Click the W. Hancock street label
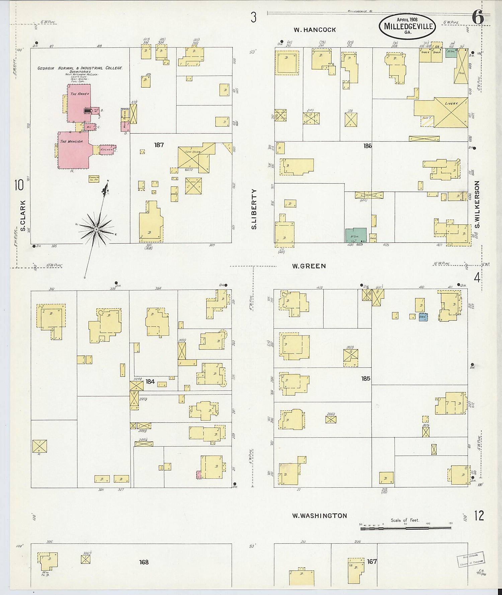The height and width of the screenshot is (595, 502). pos(315,30)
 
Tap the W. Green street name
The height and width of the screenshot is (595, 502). pos(309,266)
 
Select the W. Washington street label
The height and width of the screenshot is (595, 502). pos(319,516)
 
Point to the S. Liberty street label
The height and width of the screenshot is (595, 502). pos(254,209)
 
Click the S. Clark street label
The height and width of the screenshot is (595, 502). pos(23,216)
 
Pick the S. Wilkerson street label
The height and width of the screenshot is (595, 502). pos(477,204)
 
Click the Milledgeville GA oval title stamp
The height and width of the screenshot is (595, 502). pos(408,26)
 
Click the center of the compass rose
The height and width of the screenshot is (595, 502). pos(96,229)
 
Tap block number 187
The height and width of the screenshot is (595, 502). pos(159,145)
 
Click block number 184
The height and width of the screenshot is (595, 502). pos(150,381)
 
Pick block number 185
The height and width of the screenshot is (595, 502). pos(365,379)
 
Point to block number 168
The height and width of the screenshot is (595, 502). pos(144,562)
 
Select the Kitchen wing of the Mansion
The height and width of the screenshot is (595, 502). pos(106,150)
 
